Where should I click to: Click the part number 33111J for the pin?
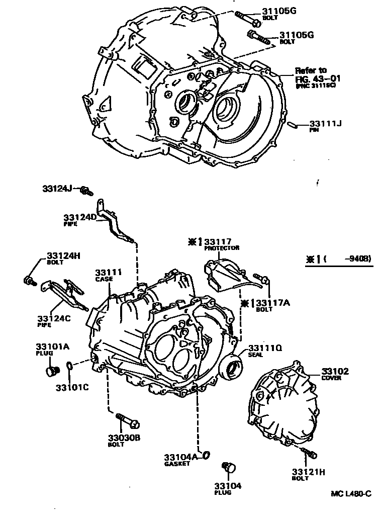click(325, 123)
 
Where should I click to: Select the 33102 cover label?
click(334, 372)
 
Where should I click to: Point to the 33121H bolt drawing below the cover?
click(309, 453)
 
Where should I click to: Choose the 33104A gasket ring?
click(206, 455)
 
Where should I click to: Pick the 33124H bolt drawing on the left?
click(29, 280)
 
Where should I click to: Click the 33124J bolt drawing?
click(86, 191)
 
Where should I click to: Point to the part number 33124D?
click(79, 217)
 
